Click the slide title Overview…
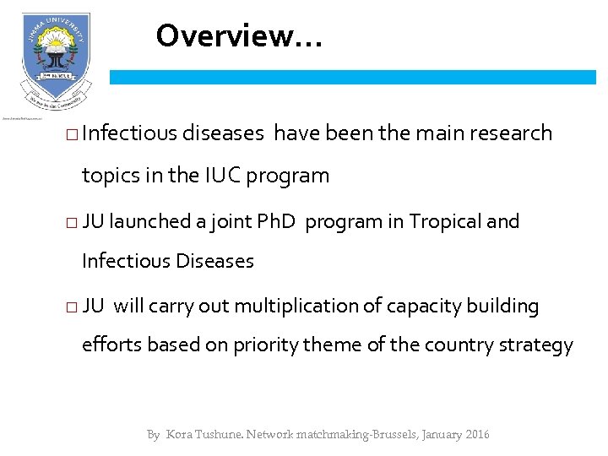pos(238,36)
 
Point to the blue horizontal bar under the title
pos(353,77)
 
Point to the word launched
pos(149,222)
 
